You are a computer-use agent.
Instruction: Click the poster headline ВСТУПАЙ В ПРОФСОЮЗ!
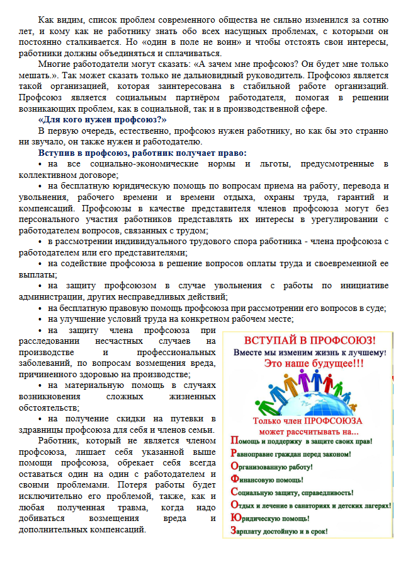tap(309, 340)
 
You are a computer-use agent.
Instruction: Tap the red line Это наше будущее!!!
tap(309, 364)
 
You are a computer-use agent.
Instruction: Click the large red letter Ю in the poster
tap(235, 518)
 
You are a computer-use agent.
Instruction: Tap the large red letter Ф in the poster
tap(235, 479)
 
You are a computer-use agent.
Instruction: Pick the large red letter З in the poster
tap(234, 531)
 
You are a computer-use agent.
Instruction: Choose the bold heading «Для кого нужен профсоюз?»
tap(101, 120)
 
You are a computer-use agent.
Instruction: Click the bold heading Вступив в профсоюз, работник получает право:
tap(142, 152)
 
